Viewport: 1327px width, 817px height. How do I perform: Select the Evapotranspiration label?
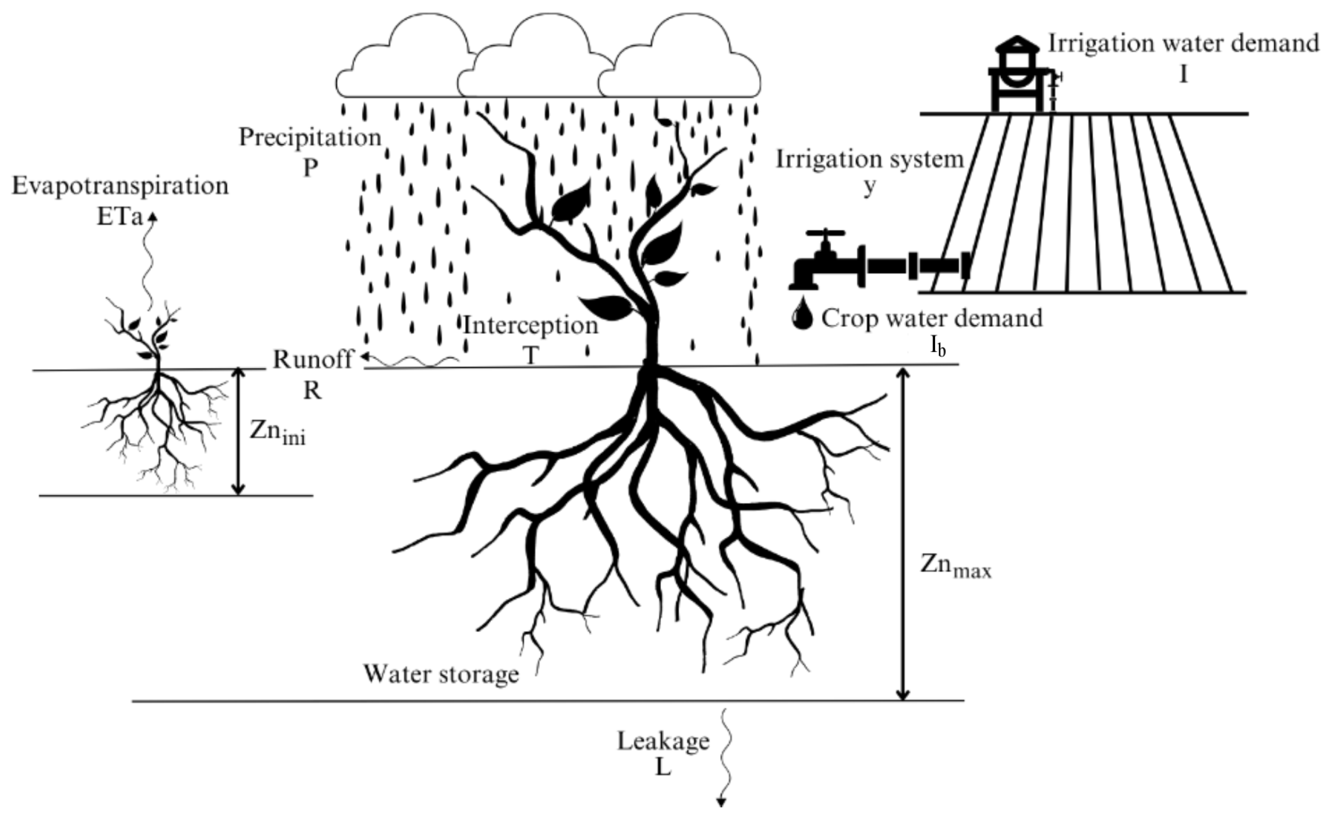tap(120, 186)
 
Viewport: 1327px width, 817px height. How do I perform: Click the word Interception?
tap(531, 326)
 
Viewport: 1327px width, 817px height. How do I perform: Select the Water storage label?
tap(441, 674)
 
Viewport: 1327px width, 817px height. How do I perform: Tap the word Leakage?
tap(663, 741)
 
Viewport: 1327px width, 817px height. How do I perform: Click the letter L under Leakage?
tap(662, 768)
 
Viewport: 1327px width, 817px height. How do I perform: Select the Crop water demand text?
tap(932, 318)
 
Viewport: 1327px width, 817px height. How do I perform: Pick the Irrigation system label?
tap(870, 159)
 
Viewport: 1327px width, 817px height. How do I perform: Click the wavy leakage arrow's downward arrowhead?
tap(721, 802)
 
